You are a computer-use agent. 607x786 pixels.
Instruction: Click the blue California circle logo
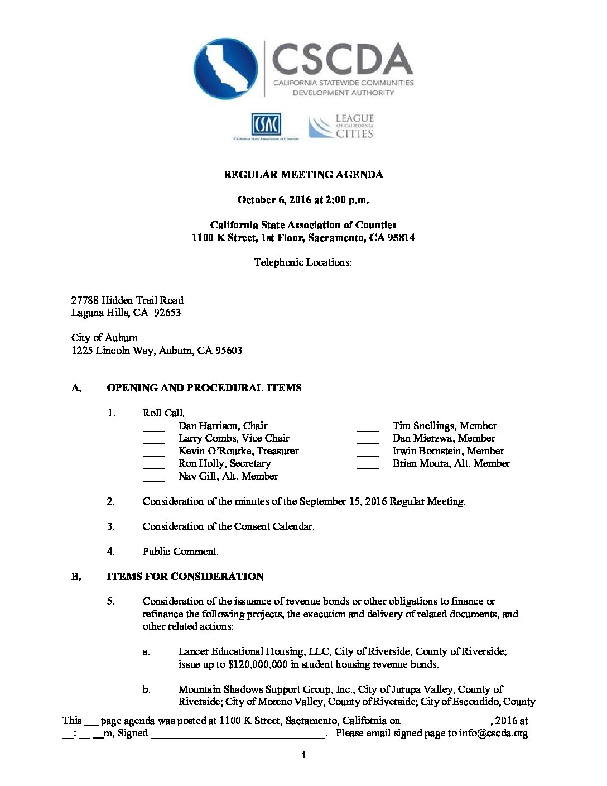coord(225,69)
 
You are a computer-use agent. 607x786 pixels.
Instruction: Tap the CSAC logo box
coord(266,124)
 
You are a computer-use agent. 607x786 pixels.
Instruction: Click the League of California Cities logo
coord(341,126)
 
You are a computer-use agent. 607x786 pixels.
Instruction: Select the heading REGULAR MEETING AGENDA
coord(303,175)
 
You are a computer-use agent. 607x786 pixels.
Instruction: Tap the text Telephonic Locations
coord(303,262)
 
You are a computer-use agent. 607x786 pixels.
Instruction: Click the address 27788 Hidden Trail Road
coord(127,300)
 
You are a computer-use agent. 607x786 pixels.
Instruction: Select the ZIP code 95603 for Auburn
coord(229,351)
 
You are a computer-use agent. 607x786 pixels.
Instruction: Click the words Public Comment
coord(180,552)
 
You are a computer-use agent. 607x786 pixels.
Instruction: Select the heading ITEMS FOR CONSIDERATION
coord(185,577)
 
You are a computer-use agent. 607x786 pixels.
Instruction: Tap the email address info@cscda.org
coord(493,734)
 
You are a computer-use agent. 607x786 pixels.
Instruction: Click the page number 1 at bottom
coord(303,755)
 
